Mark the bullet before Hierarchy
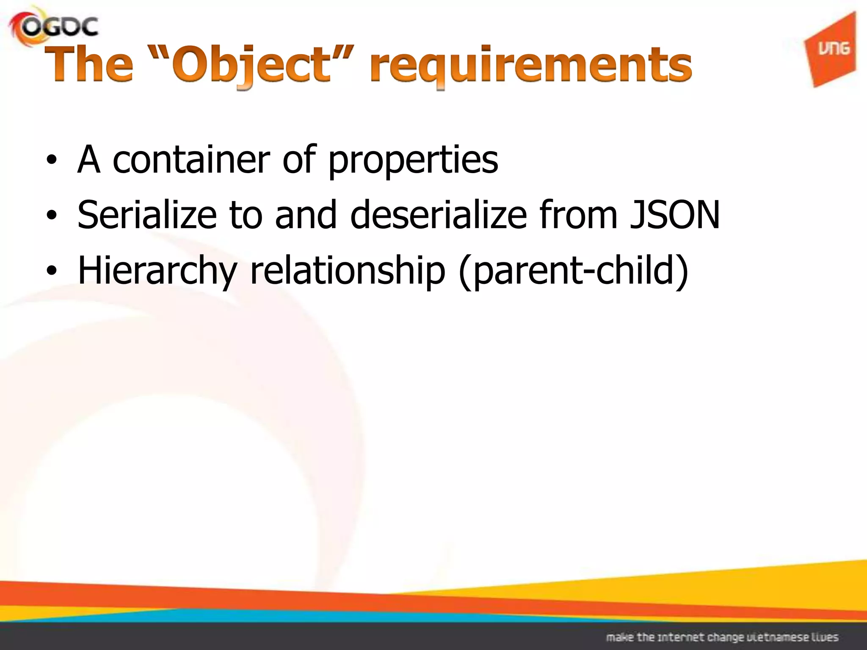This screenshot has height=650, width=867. [51, 271]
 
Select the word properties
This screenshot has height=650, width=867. [413, 161]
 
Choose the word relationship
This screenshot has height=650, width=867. [348, 271]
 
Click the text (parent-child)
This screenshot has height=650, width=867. [574, 271]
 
